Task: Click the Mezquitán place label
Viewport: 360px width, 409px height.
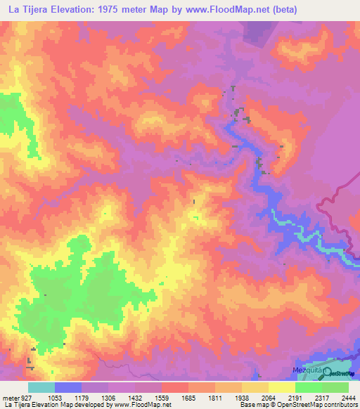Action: tap(307, 368)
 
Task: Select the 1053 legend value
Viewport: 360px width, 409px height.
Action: tap(54, 397)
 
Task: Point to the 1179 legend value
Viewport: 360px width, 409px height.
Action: tap(81, 397)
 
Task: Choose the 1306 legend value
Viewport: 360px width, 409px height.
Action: tap(108, 397)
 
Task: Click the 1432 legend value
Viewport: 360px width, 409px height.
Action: tap(134, 397)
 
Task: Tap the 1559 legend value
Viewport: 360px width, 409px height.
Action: tap(161, 397)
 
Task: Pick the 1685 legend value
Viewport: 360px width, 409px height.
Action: tap(188, 397)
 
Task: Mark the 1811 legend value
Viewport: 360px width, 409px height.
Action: tap(214, 397)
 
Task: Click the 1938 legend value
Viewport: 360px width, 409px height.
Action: tap(241, 397)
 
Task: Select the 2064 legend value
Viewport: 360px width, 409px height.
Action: tap(268, 397)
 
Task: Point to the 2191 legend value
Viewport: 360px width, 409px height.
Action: tap(295, 397)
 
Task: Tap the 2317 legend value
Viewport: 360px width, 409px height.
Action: tap(321, 397)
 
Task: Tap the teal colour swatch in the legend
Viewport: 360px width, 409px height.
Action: tap(41, 387)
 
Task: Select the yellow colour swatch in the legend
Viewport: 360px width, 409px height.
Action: tap(281, 387)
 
